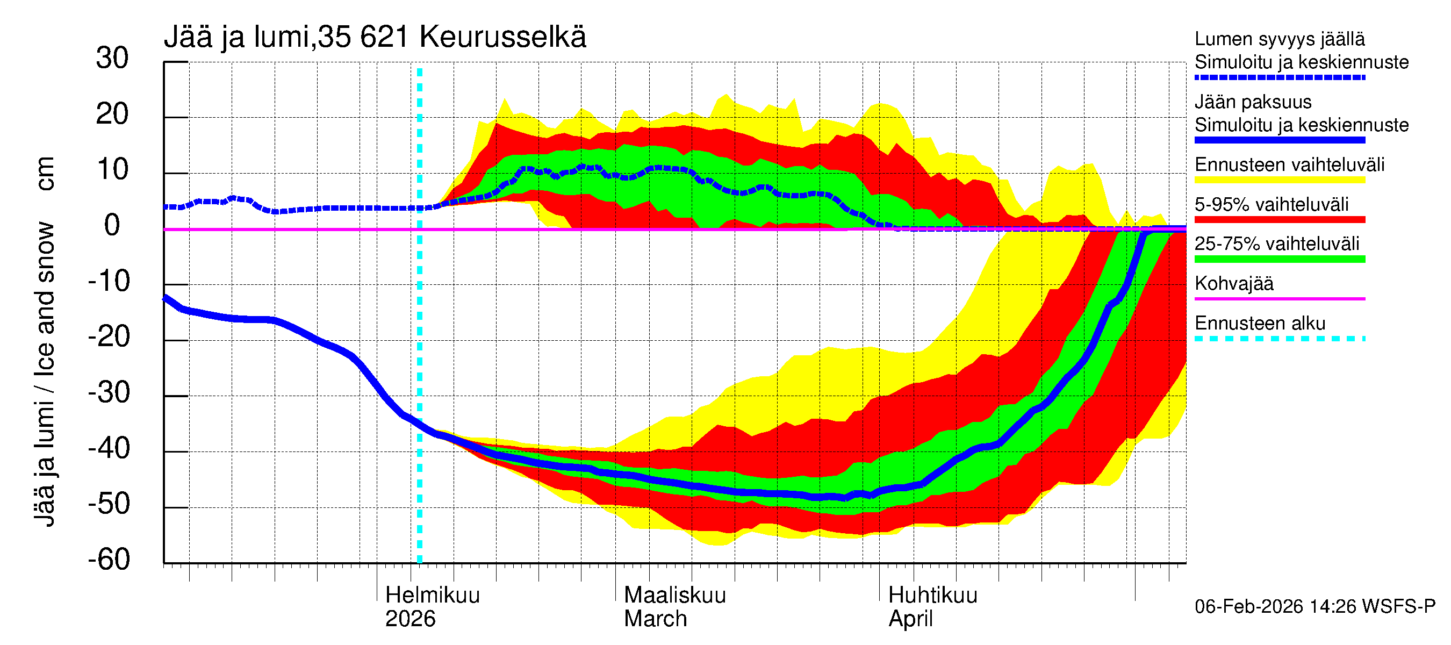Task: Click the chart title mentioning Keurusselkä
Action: click(x=375, y=37)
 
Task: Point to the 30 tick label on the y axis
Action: click(x=112, y=58)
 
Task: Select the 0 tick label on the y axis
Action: click(x=112, y=225)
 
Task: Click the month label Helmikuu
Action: click(x=432, y=595)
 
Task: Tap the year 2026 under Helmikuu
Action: click(x=410, y=619)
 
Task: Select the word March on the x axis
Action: click(x=655, y=619)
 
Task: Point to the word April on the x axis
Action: click(x=910, y=619)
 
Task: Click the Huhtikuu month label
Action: click(x=932, y=595)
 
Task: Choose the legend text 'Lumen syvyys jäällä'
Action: click(x=1279, y=39)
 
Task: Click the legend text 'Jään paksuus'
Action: click(x=1253, y=102)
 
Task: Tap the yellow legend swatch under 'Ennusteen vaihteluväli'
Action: click(x=1279, y=180)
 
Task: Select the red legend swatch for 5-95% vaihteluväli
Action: click(x=1279, y=220)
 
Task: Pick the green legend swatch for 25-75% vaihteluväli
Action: click(x=1279, y=259)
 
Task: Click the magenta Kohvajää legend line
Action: click(x=1279, y=298)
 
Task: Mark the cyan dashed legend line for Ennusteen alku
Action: click(x=1279, y=339)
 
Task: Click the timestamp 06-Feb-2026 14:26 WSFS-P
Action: click(x=1314, y=606)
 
